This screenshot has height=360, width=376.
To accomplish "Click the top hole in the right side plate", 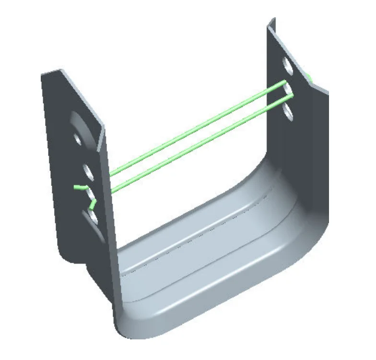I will [285, 65].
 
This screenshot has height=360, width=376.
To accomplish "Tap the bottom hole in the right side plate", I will [288, 111].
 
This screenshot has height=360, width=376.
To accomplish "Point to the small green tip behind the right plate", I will [309, 77].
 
